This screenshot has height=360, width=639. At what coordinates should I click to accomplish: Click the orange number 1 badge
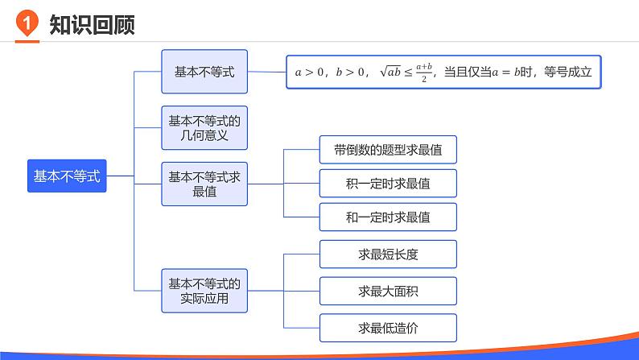tap(27, 25)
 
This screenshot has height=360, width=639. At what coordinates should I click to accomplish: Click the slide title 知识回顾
tap(91, 25)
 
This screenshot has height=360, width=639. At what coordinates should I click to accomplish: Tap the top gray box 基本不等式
tap(204, 71)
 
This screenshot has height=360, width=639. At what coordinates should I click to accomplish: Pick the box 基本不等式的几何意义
tap(204, 128)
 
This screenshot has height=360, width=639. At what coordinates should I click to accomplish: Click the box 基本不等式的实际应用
tap(204, 291)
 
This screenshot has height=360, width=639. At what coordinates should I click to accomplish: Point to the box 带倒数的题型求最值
tap(388, 150)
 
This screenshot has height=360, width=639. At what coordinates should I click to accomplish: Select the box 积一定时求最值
tap(388, 184)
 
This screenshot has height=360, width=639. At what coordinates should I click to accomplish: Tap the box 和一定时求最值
tap(388, 217)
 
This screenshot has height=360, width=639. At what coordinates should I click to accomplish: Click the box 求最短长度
tap(388, 254)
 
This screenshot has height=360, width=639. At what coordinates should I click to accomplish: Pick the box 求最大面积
tap(388, 291)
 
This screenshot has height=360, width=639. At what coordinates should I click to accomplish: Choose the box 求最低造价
tap(388, 328)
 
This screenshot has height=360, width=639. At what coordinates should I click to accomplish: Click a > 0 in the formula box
tap(310, 72)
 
